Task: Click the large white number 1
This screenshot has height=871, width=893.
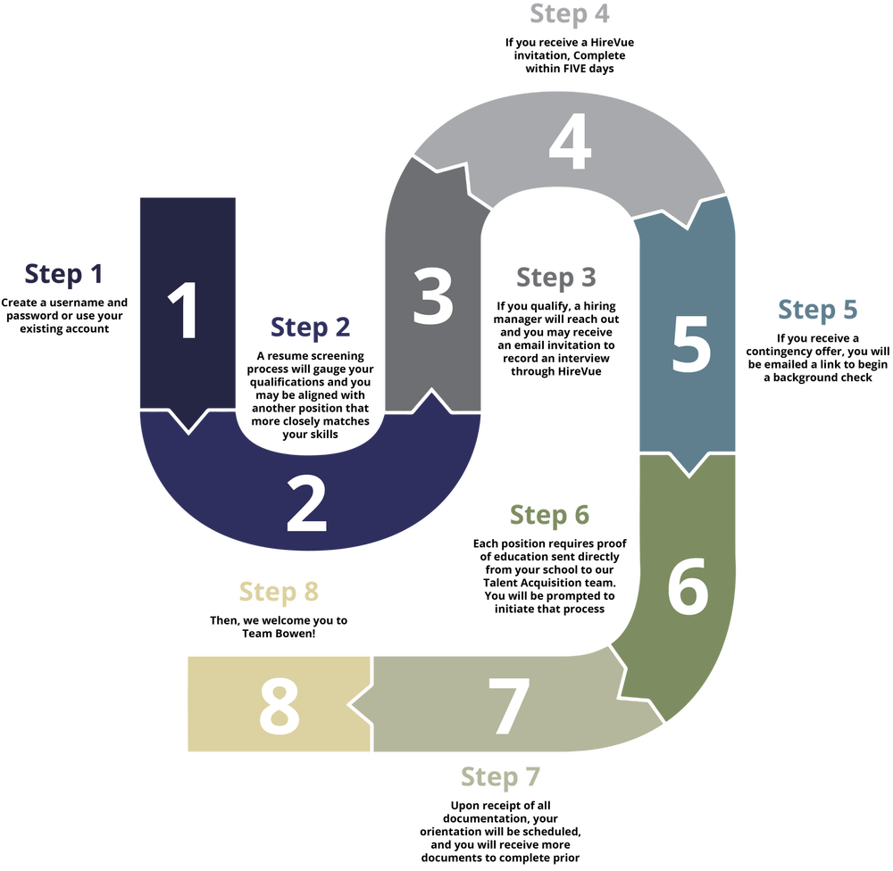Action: (x=183, y=310)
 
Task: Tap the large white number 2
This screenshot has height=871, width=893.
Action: (x=306, y=504)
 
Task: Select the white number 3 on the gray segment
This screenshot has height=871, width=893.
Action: (x=433, y=296)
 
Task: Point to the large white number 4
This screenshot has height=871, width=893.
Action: (x=570, y=141)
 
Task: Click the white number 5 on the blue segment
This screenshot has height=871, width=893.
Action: (x=691, y=344)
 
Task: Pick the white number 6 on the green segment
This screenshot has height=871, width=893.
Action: (x=688, y=585)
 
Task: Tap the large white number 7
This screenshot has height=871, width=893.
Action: (x=509, y=707)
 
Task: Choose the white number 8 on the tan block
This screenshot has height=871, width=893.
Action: (x=279, y=707)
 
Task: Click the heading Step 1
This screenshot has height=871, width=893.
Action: (x=63, y=274)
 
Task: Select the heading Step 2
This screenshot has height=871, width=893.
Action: (x=310, y=328)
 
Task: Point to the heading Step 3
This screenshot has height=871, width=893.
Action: (x=555, y=278)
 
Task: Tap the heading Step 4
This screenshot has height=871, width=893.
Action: (x=570, y=14)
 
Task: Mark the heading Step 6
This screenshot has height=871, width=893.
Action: (x=549, y=515)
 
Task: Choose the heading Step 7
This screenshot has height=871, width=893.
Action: (x=500, y=777)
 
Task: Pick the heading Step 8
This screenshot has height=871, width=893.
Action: (x=279, y=592)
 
